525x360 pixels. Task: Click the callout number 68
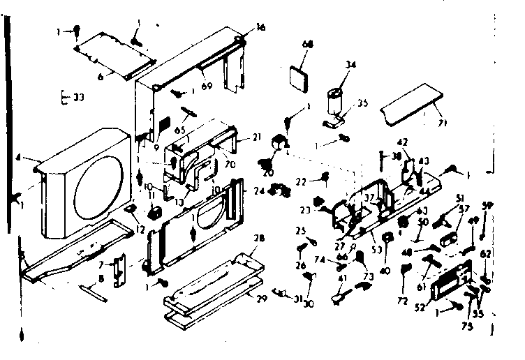308,44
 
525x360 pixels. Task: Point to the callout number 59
488,204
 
